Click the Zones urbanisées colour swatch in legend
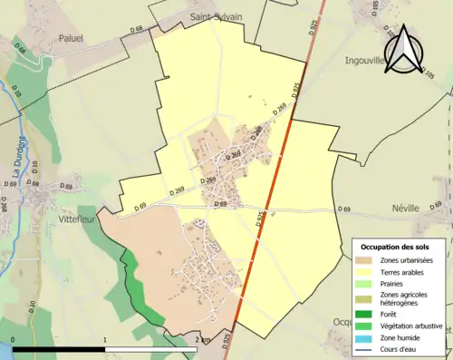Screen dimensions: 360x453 click(x=365, y=260)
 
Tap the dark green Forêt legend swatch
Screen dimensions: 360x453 click(x=365, y=315)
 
